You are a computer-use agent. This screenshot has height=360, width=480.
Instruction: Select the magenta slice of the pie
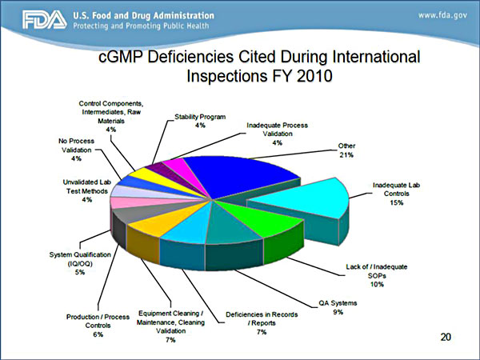171,170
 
